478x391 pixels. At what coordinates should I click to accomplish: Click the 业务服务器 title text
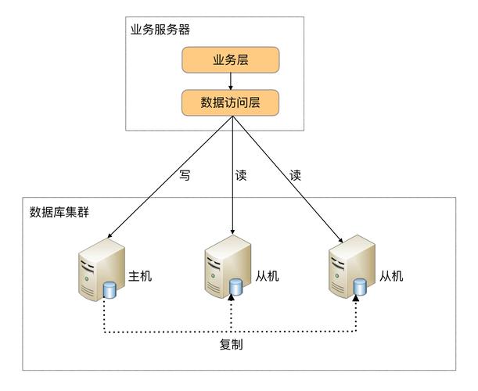[160, 30]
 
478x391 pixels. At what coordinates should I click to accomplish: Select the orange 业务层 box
[230, 60]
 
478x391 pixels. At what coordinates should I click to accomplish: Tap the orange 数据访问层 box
[230, 102]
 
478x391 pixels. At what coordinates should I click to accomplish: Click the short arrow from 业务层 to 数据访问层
[231, 81]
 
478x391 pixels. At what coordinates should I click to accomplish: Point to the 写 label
[185, 176]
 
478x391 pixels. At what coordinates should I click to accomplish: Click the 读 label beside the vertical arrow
[241, 176]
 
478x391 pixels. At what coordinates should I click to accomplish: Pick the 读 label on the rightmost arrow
[296, 176]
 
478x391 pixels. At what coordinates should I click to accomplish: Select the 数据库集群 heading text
[59, 212]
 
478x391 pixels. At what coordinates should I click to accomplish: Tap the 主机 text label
[140, 276]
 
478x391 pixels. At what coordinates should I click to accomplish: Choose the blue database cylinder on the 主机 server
[110, 291]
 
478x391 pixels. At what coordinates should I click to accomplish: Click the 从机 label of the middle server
[267, 276]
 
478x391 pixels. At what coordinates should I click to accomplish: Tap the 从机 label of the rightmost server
[390, 276]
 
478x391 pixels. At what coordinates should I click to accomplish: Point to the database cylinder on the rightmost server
[359, 288]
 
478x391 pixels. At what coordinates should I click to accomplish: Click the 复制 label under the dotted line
[231, 344]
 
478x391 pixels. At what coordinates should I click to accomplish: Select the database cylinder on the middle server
[235, 288]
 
